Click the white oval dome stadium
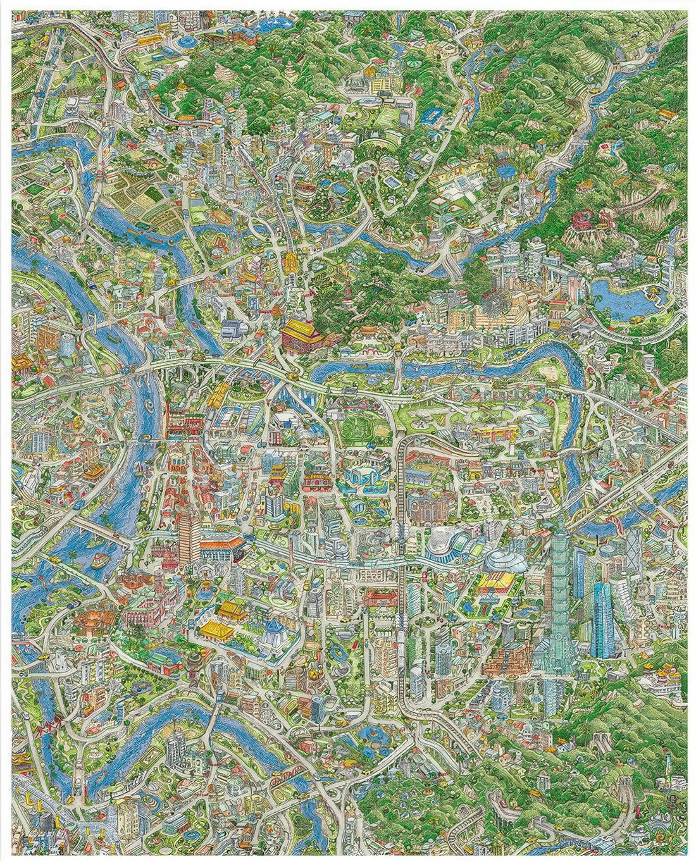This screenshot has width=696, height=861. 504,561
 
